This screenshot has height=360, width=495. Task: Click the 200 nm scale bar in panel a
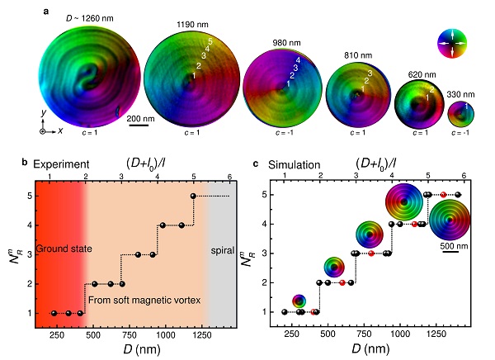coord(138,125)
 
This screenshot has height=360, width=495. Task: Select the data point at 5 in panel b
coord(193,196)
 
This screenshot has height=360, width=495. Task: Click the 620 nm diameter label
coord(412,73)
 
